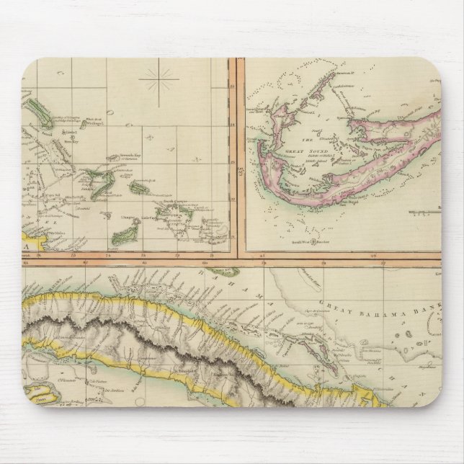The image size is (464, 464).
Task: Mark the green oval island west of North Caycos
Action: (x=138, y=187)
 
